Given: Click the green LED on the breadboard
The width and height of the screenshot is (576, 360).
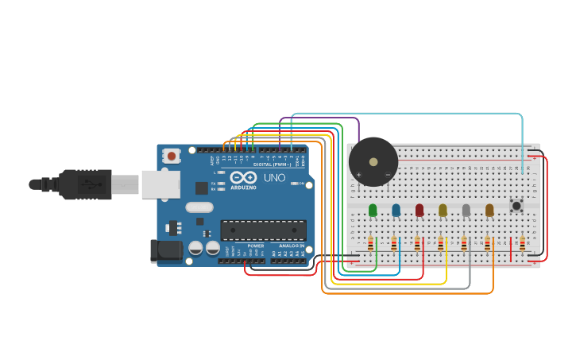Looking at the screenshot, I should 373,210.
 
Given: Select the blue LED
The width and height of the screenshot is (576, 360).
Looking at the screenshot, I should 396,210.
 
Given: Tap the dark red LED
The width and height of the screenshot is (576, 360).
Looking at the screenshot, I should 419,210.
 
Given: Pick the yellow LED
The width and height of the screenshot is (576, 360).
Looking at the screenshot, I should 443,210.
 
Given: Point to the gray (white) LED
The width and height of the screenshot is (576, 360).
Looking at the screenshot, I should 466,210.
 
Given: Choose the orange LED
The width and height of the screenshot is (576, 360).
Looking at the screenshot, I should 489,210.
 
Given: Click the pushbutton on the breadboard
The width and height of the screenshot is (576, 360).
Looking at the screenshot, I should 516,206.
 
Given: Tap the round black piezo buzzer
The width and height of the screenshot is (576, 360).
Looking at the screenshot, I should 373,162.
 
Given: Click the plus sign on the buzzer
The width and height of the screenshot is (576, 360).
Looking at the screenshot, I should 358,174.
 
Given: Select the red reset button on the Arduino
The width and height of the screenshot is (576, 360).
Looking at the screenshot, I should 172,157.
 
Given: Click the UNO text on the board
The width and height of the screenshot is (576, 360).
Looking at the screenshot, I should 274,177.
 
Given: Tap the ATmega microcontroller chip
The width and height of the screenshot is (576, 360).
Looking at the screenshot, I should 263,230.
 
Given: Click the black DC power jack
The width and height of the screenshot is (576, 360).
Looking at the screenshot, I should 166,250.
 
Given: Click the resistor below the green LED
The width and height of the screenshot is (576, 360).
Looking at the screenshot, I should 370,244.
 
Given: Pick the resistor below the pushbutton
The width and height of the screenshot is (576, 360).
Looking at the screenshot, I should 522,244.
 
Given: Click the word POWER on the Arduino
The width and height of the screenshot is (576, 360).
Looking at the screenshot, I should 256,246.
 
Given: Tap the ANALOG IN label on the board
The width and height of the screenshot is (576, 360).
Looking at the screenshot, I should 291,246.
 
